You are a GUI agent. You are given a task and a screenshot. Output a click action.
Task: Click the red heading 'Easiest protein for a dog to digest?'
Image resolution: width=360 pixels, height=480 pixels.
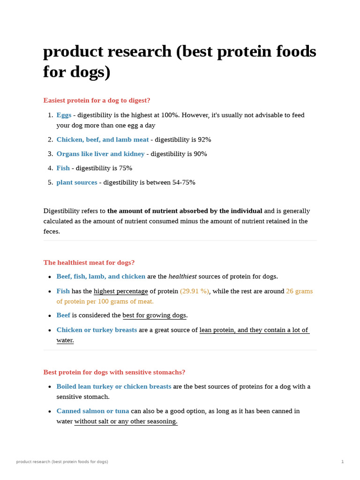pyautogui.click(x=97, y=100)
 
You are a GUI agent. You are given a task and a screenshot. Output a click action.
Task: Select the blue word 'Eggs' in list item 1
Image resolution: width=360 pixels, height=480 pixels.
pyautogui.click(x=64, y=115)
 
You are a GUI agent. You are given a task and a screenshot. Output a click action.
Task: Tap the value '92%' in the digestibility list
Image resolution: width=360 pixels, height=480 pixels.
pyautogui.click(x=204, y=140)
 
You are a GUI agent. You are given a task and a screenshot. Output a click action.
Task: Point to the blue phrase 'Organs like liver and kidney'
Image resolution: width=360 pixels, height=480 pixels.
pyautogui.click(x=100, y=154)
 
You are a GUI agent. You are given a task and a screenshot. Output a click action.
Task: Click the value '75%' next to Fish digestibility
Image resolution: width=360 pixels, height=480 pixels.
pyautogui.click(x=126, y=168)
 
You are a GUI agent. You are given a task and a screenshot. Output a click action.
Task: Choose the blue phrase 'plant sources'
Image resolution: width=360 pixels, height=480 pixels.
pyautogui.click(x=77, y=182)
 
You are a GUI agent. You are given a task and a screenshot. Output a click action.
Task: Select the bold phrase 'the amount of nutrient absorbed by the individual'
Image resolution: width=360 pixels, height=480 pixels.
pyautogui.click(x=185, y=211)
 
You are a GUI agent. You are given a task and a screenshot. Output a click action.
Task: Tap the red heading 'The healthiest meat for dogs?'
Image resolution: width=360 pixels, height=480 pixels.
pyautogui.click(x=89, y=262)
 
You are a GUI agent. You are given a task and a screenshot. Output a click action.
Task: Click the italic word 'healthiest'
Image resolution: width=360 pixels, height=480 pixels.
pyautogui.click(x=182, y=277)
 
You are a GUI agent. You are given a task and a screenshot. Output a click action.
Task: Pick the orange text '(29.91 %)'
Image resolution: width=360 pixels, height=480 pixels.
pyautogui.click(x=194, y=291)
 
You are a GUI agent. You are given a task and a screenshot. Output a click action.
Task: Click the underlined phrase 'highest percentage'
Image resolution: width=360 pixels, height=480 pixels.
pyautogui.click(x=120, y=291)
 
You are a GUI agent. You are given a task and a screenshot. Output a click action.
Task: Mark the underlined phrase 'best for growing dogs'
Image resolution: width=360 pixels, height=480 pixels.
pyautogui.click(x=154, y=315)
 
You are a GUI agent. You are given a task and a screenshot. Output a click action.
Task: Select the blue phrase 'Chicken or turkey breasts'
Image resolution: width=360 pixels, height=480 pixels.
pyautogui.click(x=97, y=330)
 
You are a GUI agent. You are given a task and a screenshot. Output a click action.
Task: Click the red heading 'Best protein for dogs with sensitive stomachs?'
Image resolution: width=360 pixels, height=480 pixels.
pyautogui.click(x=114, y=372)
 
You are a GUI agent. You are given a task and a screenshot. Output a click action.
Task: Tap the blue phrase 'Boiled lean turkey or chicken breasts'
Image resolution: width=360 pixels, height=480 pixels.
pyautogui.click(x=114, y=387)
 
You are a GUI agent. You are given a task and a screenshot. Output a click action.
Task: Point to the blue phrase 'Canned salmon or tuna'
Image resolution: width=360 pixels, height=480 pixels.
pyautogui.click(x=93, y=411)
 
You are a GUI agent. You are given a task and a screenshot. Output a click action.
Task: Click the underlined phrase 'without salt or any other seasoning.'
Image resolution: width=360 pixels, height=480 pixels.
pyautogui.click(x=126, y=421)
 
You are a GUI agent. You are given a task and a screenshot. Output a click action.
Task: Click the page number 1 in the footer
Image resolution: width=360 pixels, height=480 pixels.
pyautogui.click(x=342, y=462)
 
